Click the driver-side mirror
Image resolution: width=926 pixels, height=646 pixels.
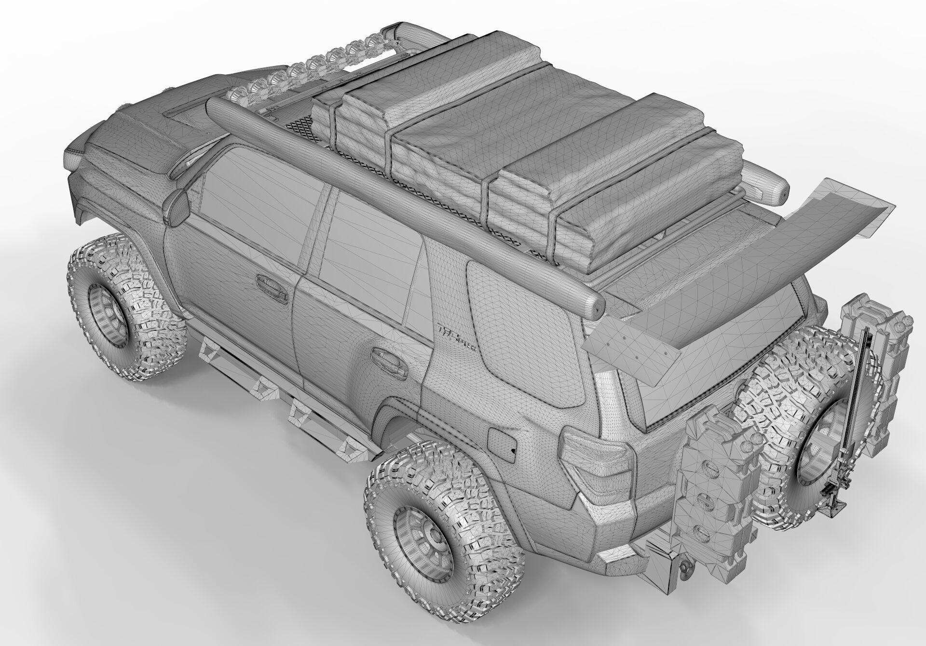177,207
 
